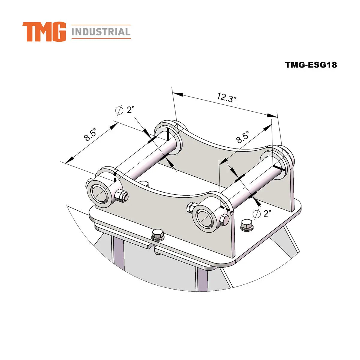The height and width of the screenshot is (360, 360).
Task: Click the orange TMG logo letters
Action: pos(44,31)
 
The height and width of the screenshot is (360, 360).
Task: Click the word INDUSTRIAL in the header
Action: pos(101,32)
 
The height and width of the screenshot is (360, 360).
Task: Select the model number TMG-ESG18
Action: pos(311,65)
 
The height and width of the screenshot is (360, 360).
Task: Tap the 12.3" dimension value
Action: pos(226,97)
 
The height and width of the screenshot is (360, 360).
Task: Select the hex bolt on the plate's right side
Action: pos(247,225)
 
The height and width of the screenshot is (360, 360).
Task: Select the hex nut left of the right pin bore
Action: pos(191,207)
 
